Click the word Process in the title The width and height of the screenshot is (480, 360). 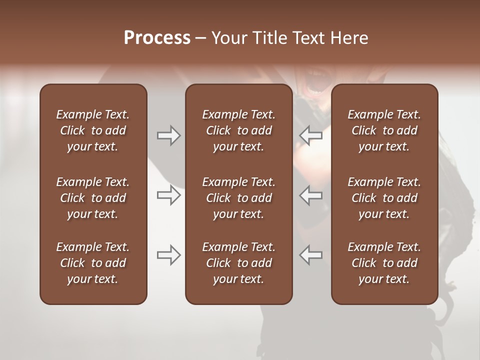pos(157,38)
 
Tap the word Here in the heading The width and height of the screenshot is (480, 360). pos(349,38)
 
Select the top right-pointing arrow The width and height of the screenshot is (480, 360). pos(168,135)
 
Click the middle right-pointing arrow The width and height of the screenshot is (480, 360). pos(168,195)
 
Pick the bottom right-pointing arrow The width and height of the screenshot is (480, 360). pos(168,255)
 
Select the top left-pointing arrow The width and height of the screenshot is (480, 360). pos(310,135)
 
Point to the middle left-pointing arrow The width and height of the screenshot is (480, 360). pos(310,195)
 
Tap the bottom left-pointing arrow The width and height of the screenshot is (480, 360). pos(310,255)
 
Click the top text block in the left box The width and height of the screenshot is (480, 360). pos(93,130)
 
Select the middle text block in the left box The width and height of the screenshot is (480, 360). pos(93,198)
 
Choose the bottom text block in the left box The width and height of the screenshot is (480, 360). pos(93,263)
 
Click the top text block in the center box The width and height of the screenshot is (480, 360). pos(238,130)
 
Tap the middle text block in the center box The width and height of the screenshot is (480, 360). pos(238,198)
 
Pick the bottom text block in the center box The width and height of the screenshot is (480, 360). pos(238,263)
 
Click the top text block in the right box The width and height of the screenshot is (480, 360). pos(384,130)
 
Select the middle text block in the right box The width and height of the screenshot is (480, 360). pos(384,198)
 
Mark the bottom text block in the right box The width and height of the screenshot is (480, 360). pos(384,263)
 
